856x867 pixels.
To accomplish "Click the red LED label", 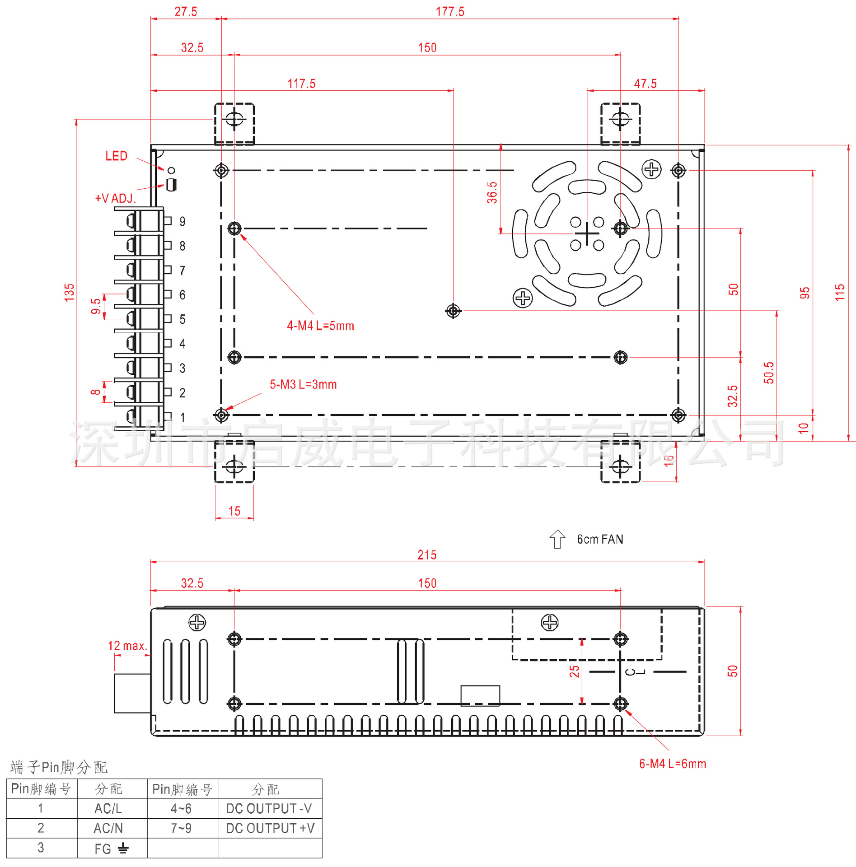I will pyautogui.click(x=116, y=156).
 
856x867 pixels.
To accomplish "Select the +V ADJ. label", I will pyautogui.click(x=115, y=198).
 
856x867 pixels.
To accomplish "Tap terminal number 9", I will pyautogui.click(x=182, y=221).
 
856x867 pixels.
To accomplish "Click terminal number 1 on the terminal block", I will pyautogui.click(x=182, y=417).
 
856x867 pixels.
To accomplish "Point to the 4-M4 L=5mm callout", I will pyautogui.click(x=320, y=326).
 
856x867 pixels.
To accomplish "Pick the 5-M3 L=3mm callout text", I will pyautogui.click(x=303, y=384).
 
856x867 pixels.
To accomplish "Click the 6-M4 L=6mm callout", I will pyautogui.click(x=672, y=764).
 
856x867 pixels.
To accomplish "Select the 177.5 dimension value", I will pyautogui.click(x=450, y=12).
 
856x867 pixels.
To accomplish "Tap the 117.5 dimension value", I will pyautogui.click(x=301, y=84).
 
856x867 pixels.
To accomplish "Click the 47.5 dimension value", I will pyautogui.click(x=645, y=84).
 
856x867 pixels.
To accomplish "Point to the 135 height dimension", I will pyautogui.click(x=69, y=293).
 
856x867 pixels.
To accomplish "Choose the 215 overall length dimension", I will pyautogui.click(x=427, y=555).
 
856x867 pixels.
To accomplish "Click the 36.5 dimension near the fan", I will pyautogui.click(x=492, y=193).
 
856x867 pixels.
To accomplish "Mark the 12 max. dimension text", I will pyautogui.click(x=127, y=646).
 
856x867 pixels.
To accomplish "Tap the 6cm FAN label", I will pyautogui.click(x=600, y=539).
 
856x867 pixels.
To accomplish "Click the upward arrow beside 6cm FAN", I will pyautogui.click(x=557, y=539).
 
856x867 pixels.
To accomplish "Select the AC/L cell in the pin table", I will pyautogui.click(x=108, y=808).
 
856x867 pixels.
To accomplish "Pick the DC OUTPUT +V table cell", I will pyautogui.click(x=270, y=828).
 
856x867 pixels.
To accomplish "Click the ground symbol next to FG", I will pyautogui.click(x=123, y=848).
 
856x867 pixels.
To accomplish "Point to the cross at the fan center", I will pyautogui.click(x=587, y=233).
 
